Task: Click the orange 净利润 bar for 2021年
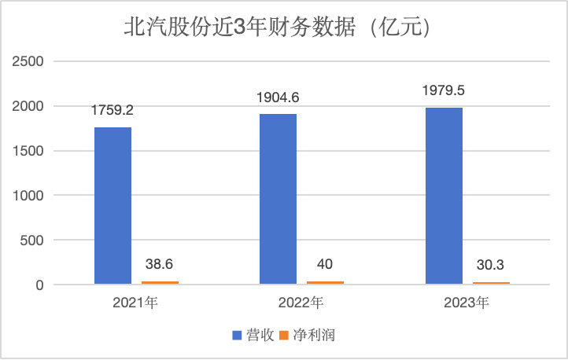click(x=160, y=281)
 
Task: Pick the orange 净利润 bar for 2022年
click(x=325, y=281)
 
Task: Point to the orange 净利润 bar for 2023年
click(x=491, y=282)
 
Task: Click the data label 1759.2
click(x=113, y=111)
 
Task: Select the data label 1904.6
click(x=278, y=98)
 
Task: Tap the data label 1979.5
click(x=444, y=90)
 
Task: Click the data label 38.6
click(x=160, y=266)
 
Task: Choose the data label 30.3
click(x=491, y=266)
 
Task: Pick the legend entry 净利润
click(x=319, y=335)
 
